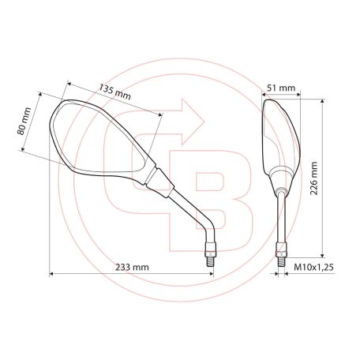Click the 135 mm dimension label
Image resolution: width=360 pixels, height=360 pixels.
tap(115, 91)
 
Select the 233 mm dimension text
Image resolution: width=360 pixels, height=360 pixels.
tap(132, 267)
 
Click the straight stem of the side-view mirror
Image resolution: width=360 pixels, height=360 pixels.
tap(279, 213)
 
